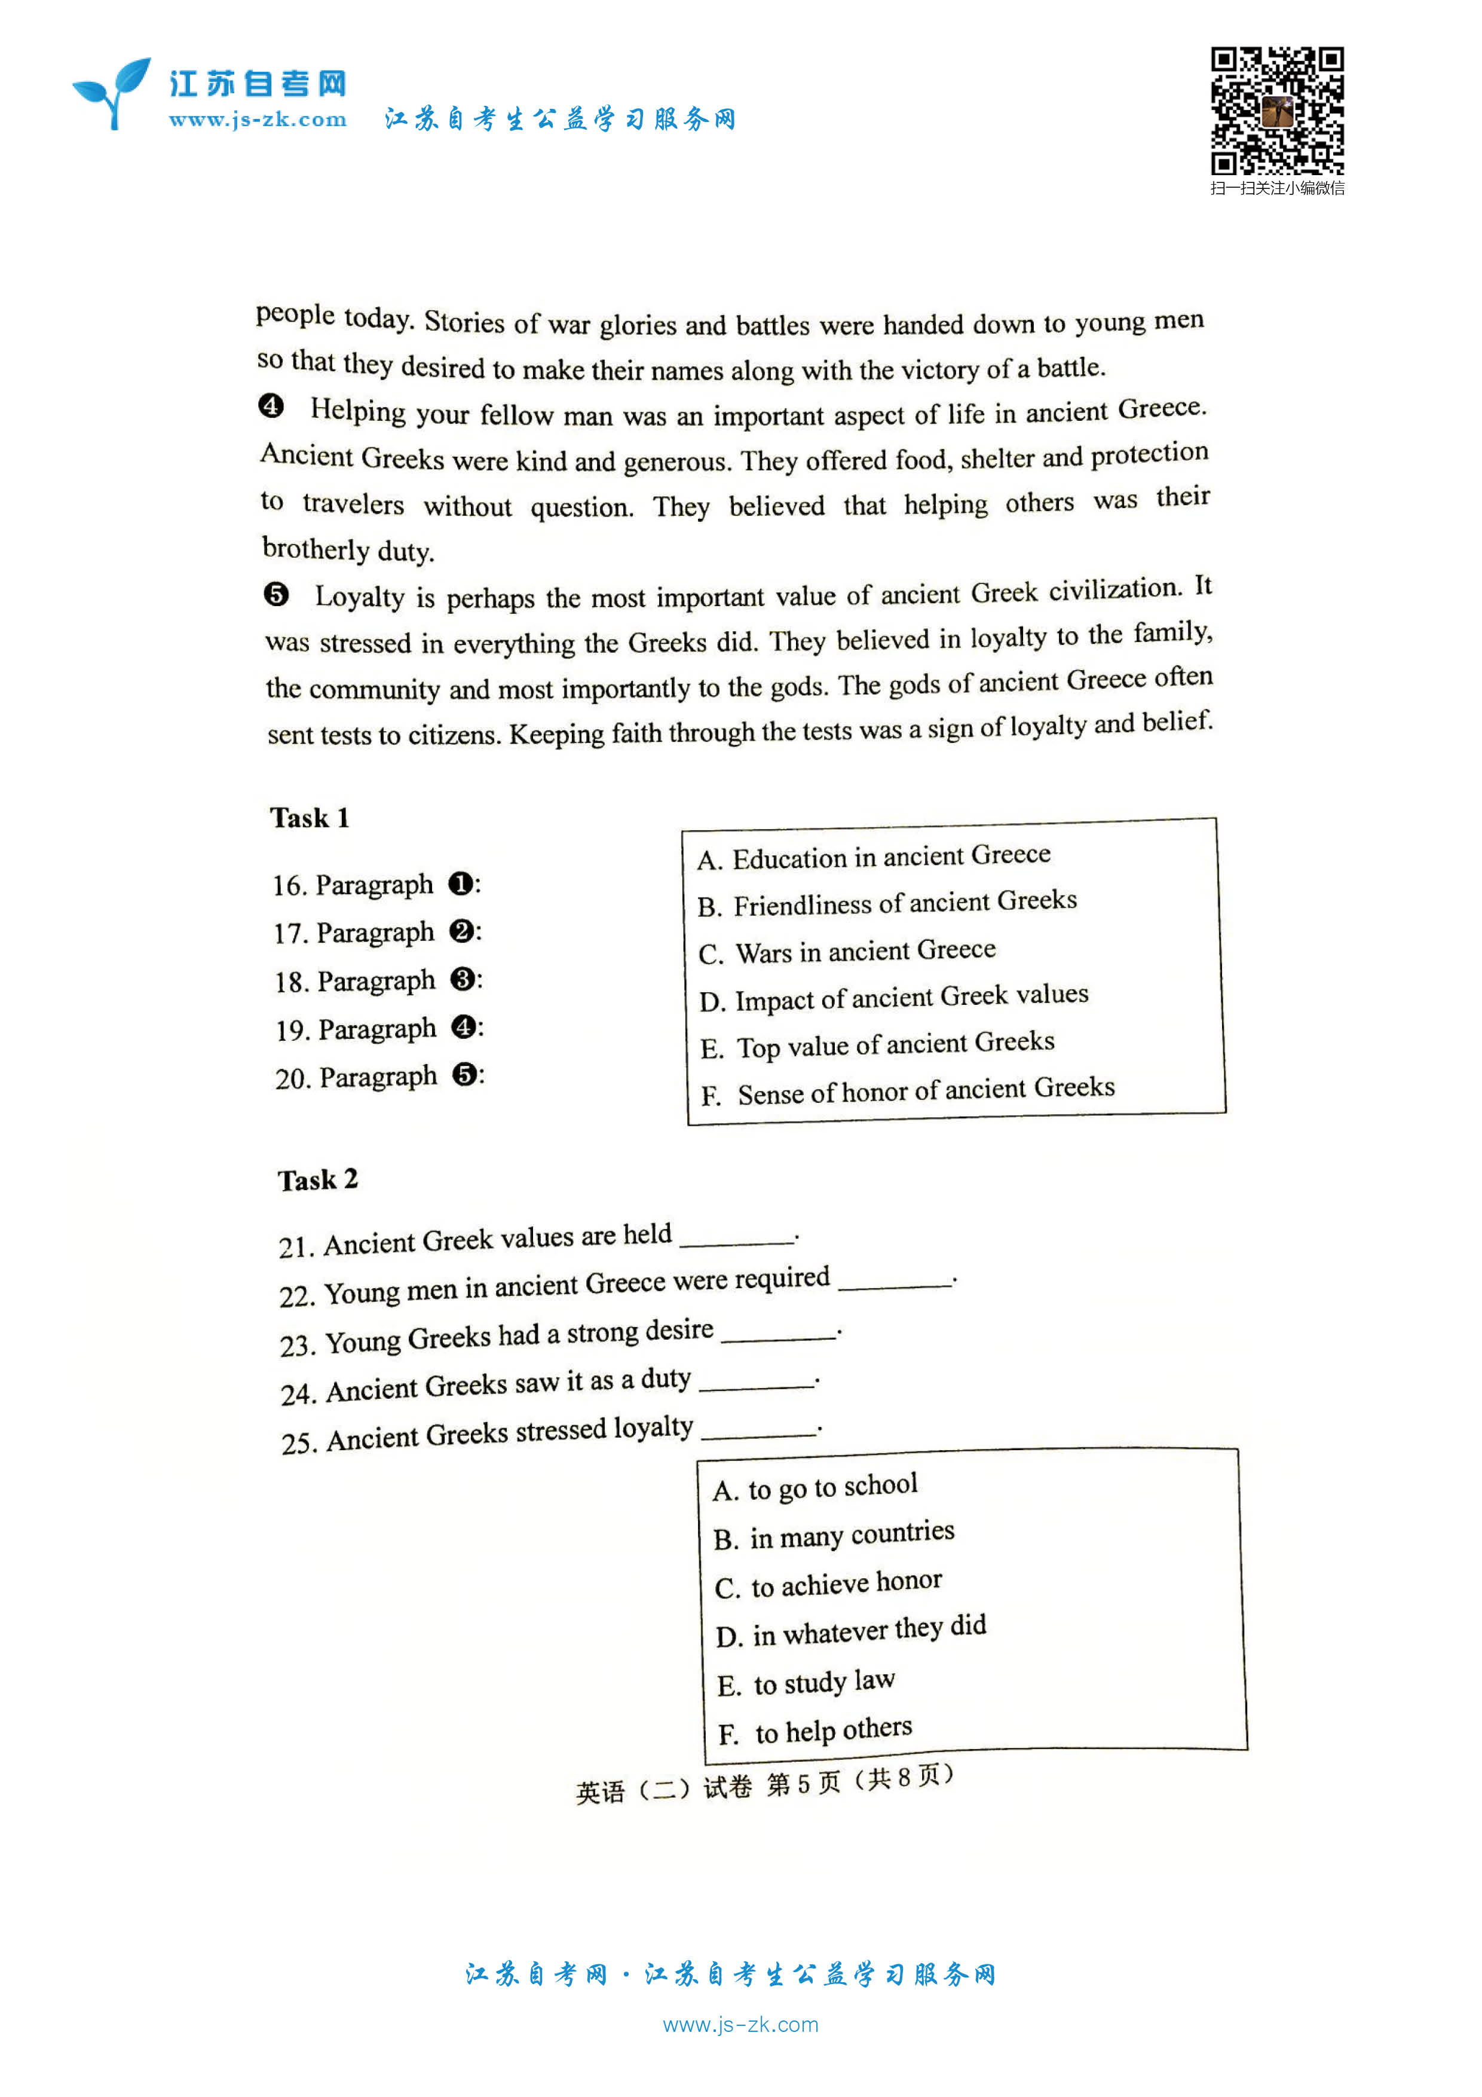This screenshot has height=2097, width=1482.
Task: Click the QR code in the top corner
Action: point(1276,111)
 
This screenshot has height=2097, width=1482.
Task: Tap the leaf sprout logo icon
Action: point(112,93)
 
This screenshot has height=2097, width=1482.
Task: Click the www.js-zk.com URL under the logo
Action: point(258,120)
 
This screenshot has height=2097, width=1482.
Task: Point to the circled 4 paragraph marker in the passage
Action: point(271,405)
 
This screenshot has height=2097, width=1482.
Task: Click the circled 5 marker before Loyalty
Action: point(275,595)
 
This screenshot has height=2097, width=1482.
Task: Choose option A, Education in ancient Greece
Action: point(873,857)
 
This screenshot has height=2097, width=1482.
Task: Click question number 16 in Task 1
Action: point(289,886)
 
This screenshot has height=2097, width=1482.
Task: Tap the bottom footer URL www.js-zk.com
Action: point(740,2025)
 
